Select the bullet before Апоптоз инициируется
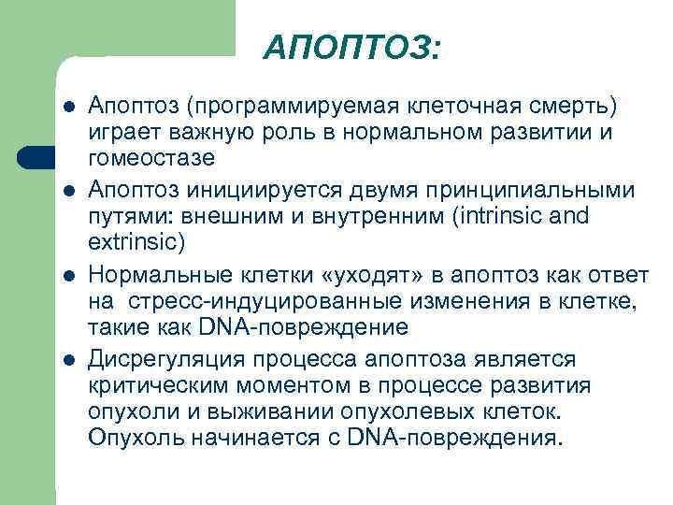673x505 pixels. (x=68, y=191)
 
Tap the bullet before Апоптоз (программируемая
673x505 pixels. (x=68, y=106)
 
